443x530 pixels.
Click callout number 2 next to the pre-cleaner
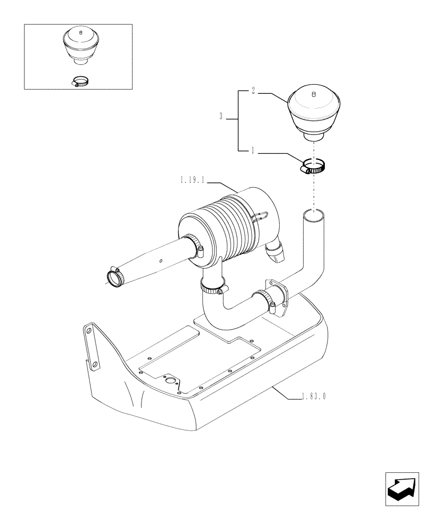tap(253, 92)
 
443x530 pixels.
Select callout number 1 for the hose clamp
tap(253, 151)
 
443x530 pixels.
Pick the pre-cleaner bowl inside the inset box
tap(80, 45)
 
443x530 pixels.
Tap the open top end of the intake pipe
tap(314, 215)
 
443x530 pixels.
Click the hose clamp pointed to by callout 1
tap(313, 167)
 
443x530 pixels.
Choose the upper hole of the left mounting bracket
tap(88, 331)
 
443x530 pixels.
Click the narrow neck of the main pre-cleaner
tap(312, 137)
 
